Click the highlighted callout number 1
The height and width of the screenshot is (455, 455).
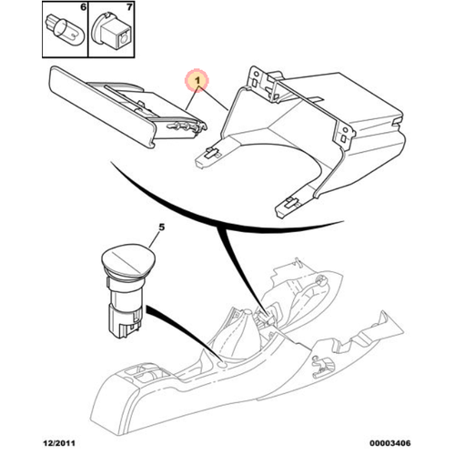point(197,81)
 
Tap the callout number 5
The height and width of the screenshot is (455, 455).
point(162,227)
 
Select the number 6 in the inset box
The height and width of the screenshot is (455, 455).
point(83,7)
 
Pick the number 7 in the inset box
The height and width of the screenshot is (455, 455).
point(129,7)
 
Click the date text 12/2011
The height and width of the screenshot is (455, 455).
point(59,443)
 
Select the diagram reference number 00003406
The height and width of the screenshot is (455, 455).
point(390,443)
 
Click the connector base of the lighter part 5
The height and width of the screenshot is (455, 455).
point(125,322)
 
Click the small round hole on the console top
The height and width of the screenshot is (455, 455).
point(223,365)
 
